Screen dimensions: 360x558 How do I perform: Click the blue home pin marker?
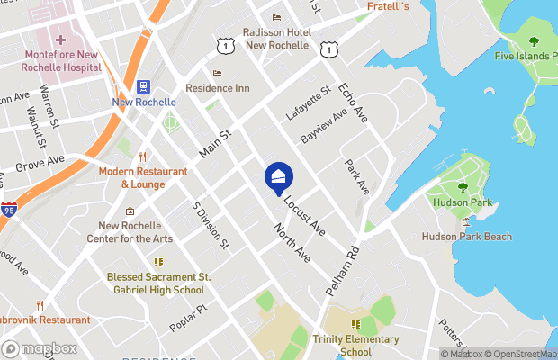[278, 177]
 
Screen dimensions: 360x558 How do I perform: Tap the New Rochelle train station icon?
[143, 87]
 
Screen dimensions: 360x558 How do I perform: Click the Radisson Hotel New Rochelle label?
[277, 39]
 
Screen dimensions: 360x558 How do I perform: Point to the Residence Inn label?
[217, 88]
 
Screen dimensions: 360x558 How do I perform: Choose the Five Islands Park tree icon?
[534, 41]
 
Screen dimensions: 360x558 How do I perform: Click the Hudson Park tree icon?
[463, 188]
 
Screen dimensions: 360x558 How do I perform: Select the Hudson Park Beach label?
[467, 237]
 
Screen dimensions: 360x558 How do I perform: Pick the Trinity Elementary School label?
[355, 346]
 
